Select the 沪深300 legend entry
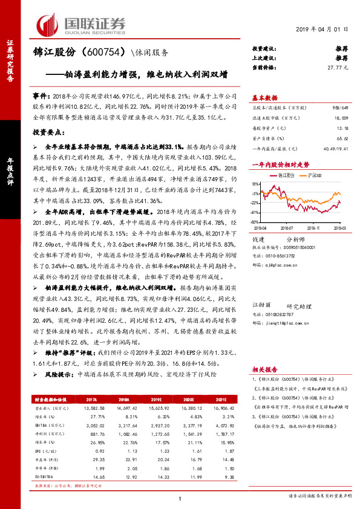click(x=319, y=174)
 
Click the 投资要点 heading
click(x=48, y=131)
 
